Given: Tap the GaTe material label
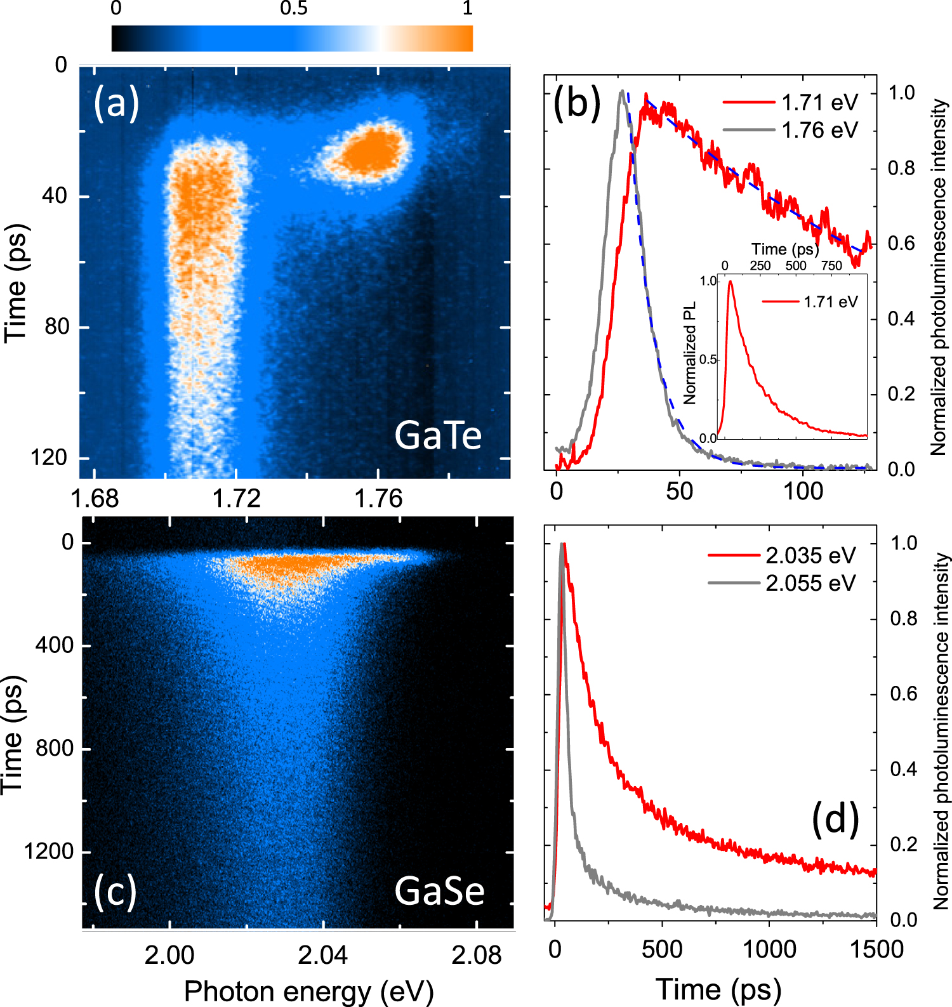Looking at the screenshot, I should [x=438, y=435].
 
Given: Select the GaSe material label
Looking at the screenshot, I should [x=439, y=891].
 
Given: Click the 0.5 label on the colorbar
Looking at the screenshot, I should [x=293, y=8].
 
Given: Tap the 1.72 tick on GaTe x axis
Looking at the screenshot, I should [x=236, y=499].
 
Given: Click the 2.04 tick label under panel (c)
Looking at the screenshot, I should [x=323, y=954].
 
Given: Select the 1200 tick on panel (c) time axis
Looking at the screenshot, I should [x=48, y=851].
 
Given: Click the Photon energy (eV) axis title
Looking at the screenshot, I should [x=309, y=991].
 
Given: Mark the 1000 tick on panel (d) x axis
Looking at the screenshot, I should [x=769, y=949].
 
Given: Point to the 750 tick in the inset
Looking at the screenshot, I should [x=831, y=266].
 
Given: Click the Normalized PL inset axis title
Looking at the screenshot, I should [x=690, y=353].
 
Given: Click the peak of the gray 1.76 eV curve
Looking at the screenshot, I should [x=622, y=91].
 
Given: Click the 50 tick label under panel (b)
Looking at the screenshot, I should [x=679, y=490].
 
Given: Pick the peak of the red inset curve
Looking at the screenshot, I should [x=730, y=282].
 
